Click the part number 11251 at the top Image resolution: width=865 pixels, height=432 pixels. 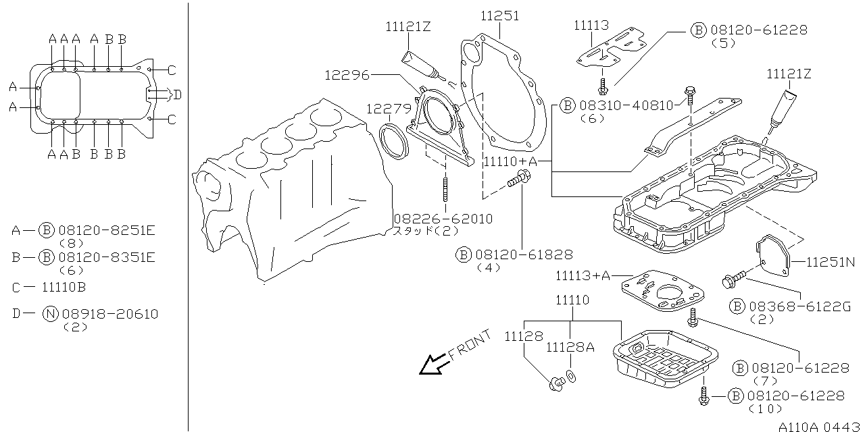(500, 15)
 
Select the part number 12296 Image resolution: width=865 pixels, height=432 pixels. (347, 75)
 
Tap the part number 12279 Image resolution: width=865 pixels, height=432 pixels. (389, 109)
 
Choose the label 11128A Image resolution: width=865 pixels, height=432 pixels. (570, 347)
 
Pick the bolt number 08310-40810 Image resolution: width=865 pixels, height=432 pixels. (626, 105)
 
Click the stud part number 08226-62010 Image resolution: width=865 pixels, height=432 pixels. (444, 219)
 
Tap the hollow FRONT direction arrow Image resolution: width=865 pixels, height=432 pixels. (430, 365)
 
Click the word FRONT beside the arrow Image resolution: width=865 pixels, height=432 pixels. (469, 345)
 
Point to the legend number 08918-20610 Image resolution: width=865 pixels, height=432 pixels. (110, 314)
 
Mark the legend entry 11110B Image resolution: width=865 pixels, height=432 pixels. (64, 287)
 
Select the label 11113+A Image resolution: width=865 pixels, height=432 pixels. (583, 275)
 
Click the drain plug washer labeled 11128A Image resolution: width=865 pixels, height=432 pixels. (571, 376)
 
